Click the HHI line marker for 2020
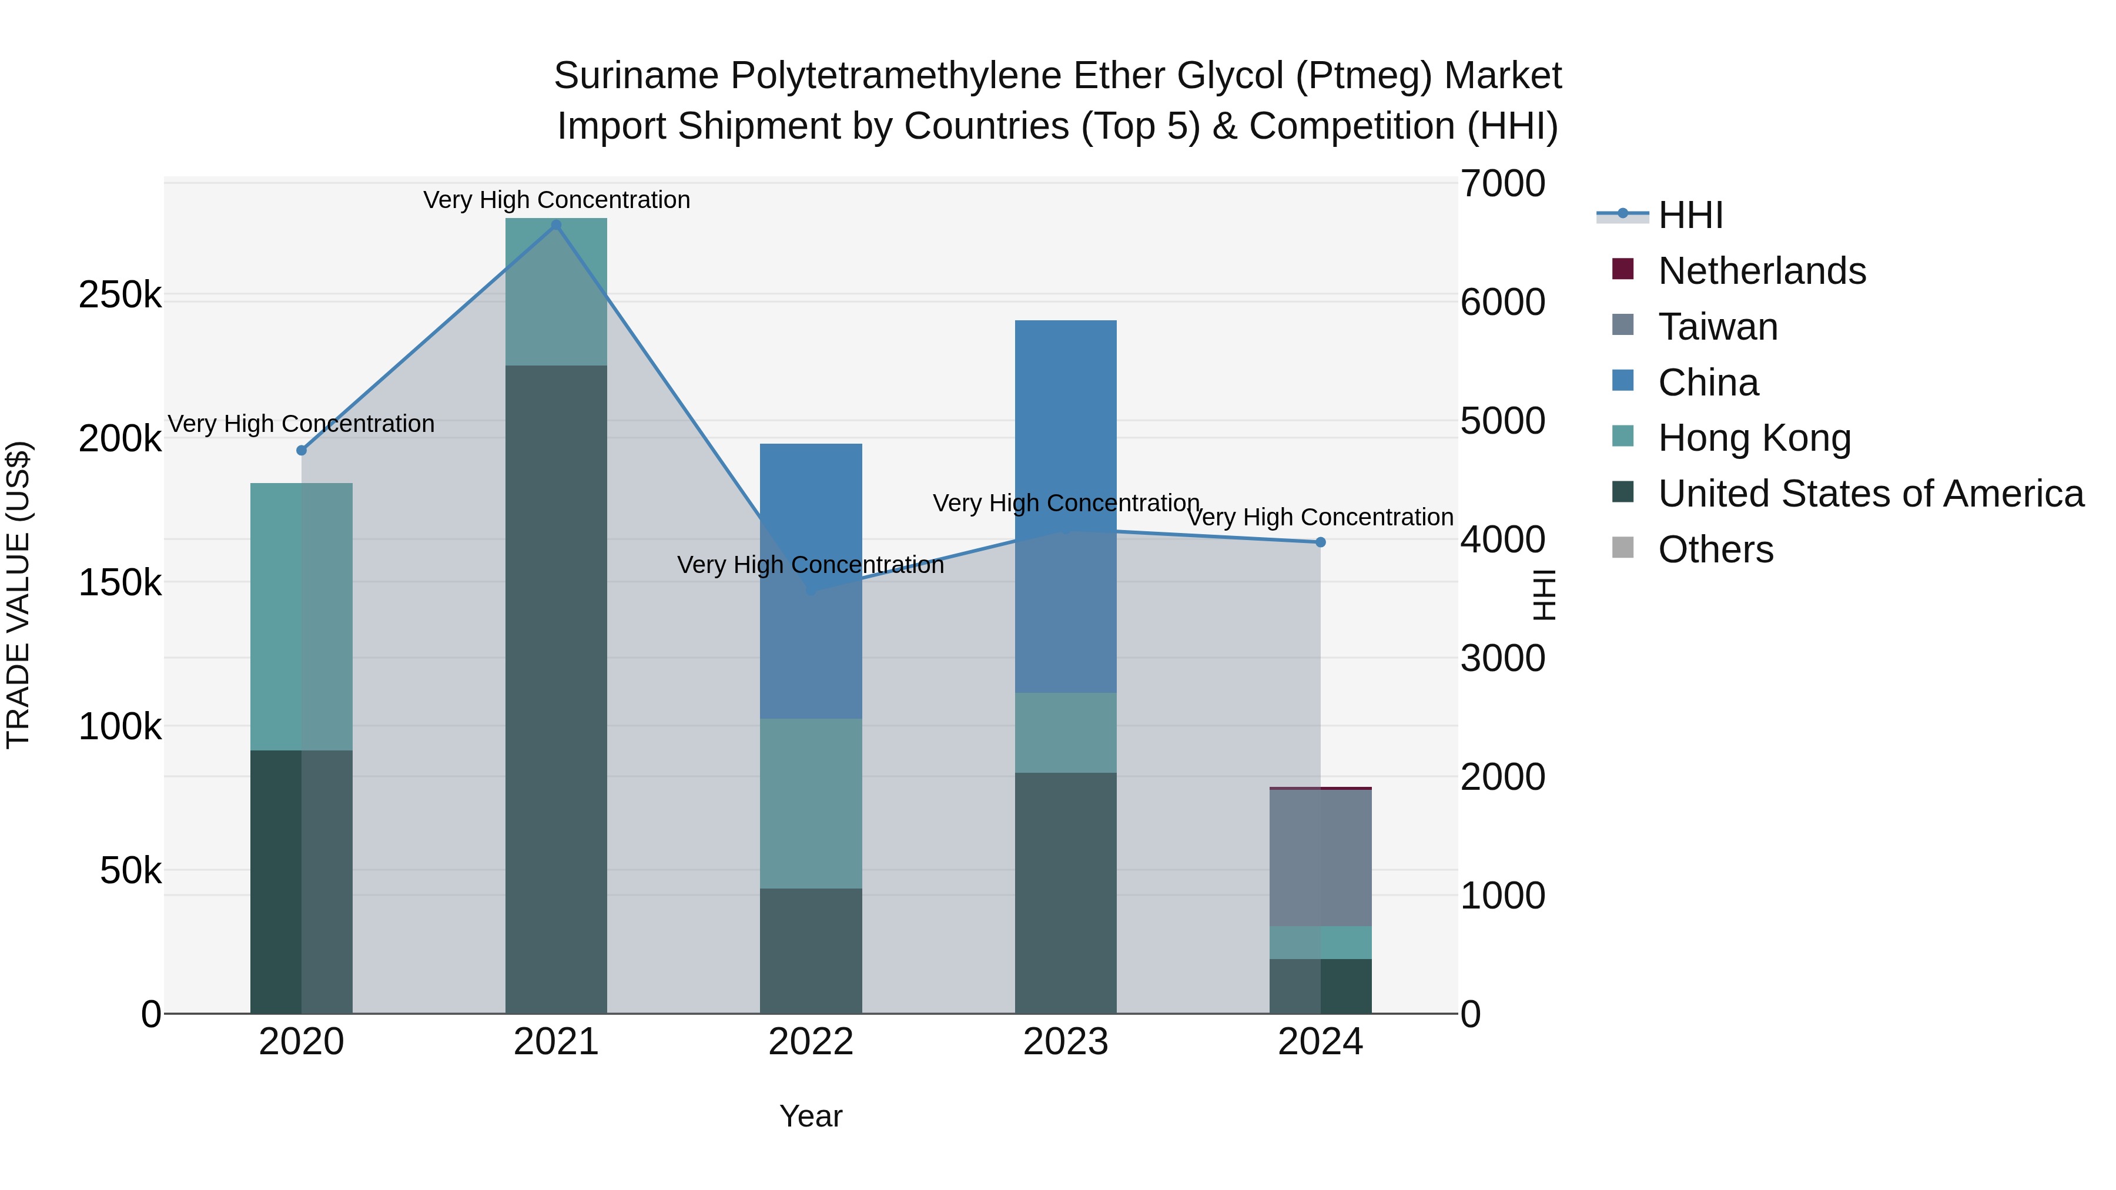point(302,450)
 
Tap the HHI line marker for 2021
point(556,225)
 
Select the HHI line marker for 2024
point(1321,542)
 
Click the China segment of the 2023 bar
point(1066,427)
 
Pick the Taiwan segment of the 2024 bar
point(1321,857)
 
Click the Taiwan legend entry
point(1717,327)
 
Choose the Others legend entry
point(1715,549)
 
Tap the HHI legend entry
point(1690,215)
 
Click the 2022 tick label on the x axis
point(811,1042)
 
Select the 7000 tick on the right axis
point(1502,183)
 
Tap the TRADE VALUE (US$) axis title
point(19,595)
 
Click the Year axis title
point(811,1116)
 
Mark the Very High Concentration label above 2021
point(556,200)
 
